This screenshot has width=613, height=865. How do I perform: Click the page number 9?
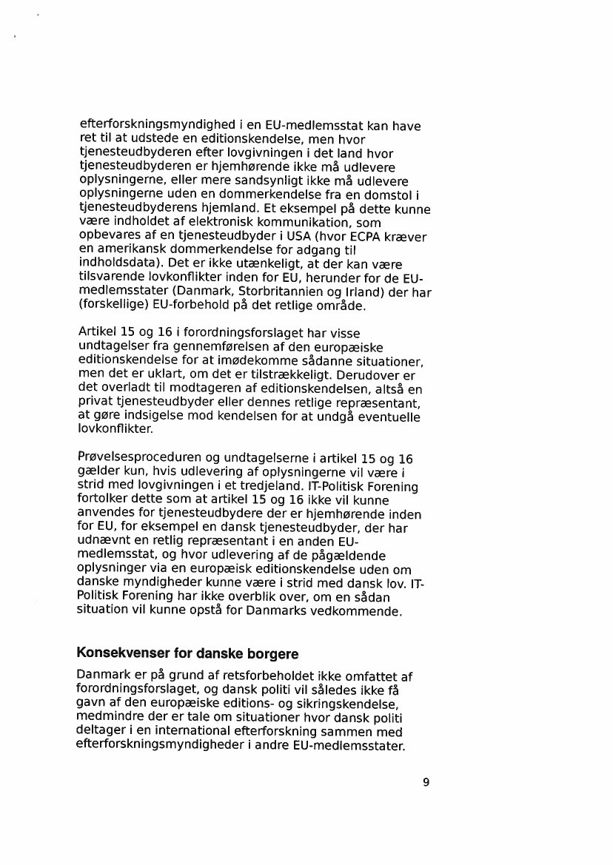pyautogui.click(x=426, y=782)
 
